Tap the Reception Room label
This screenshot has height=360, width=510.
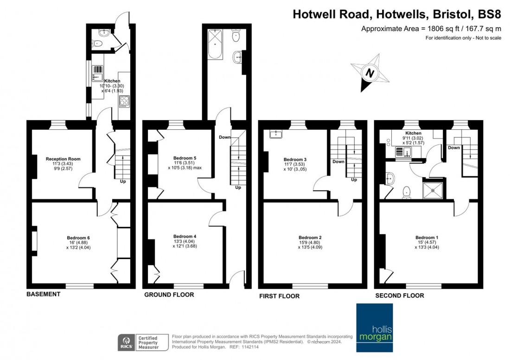[63, 159]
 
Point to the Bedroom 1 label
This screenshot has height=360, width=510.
[427, 238]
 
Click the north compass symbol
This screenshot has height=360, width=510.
[370, 73]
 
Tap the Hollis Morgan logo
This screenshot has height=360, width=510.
[374, 328]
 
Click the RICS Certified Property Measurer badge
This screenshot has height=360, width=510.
[139, 342]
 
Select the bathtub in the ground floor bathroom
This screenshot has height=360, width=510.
[215, 44]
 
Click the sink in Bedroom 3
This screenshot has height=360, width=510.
[276, 134]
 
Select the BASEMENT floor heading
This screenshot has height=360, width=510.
[43, 294]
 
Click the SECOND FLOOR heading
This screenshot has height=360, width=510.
[399, 295]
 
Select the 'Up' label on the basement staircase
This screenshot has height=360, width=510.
[123, 181]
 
